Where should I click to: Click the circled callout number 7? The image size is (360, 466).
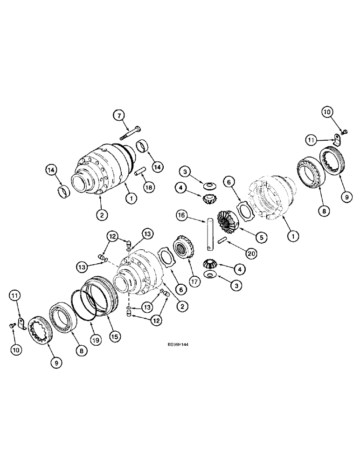[118, 115]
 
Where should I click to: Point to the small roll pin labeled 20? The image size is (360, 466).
[222, 241]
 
